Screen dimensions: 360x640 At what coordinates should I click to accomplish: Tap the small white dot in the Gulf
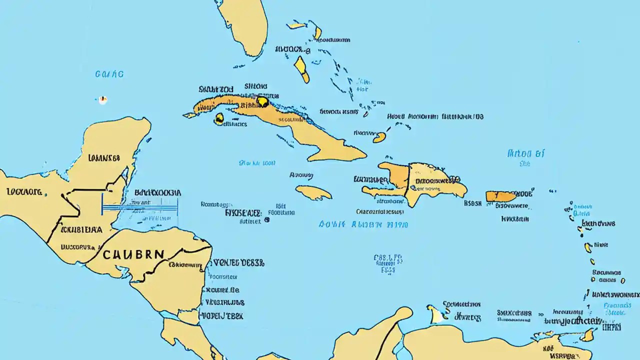tap(102, 99)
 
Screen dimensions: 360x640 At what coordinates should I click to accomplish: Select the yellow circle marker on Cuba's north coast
tap(262, 102)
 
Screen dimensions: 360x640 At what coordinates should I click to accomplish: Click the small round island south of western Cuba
tap(219, 118)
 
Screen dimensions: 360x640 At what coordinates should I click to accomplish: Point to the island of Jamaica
tap(313, 192)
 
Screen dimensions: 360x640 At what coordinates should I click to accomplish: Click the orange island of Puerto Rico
tap(500, 196)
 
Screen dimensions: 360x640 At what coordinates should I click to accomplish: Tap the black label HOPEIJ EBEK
tap(221, 316)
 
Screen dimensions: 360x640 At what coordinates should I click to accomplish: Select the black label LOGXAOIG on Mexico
tap(24, 191)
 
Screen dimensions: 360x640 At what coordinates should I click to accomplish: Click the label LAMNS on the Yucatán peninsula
tap(104, 158)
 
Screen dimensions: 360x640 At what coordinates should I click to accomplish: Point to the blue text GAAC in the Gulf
tap(109, 74)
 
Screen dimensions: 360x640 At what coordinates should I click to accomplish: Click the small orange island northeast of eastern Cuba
tap(379, 137)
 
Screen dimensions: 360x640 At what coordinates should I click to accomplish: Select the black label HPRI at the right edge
tap(610, 327)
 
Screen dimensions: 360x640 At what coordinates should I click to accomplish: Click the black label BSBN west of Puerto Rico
tap(472, 203)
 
